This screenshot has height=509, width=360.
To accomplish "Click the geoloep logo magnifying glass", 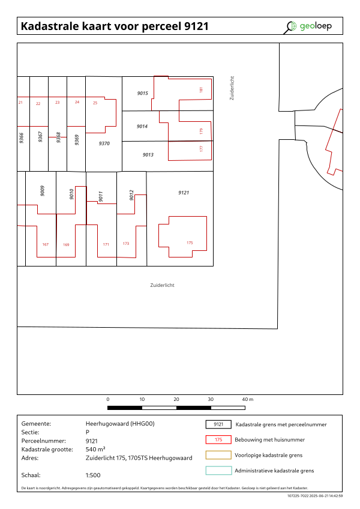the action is [290, 27].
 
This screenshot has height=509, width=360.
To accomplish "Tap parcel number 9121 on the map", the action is [184, 193].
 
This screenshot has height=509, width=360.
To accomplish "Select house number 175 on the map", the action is [190, 242].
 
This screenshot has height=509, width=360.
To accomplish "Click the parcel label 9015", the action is [143, 93].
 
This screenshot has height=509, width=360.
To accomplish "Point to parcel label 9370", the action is [104, 143].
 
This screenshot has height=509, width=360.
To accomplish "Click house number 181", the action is [201, 89].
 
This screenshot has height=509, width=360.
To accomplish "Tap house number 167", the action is [46, 244].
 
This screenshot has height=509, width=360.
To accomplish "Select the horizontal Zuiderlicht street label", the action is [163, 285].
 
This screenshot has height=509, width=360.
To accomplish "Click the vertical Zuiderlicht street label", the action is [232, 88].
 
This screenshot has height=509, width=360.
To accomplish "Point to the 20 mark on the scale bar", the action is [176, 399].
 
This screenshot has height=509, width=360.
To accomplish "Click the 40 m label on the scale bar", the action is [248, 399].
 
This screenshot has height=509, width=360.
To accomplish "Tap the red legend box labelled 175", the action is [218, 439].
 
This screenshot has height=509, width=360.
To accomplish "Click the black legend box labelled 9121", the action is [218, 424].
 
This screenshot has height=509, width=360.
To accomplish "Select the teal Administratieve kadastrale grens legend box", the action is [218, 471].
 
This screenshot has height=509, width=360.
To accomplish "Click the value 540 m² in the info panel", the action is [95, 449].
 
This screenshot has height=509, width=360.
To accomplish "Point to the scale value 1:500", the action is [93, 475].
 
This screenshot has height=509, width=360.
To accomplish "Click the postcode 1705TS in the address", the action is [137, 458].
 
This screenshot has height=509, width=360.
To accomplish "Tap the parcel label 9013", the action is [148, 155].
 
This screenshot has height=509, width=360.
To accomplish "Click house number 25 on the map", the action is [95, 103].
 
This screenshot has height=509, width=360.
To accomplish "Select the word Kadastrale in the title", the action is [50, 26].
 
